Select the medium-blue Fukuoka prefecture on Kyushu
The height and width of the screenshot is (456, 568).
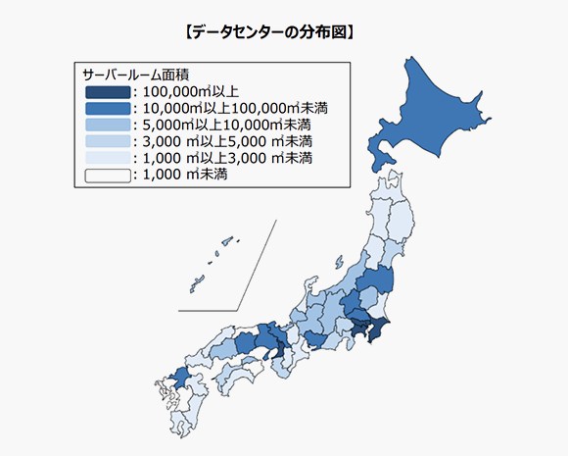pos(180,377)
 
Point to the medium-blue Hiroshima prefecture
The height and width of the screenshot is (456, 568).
pos(221,344)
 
